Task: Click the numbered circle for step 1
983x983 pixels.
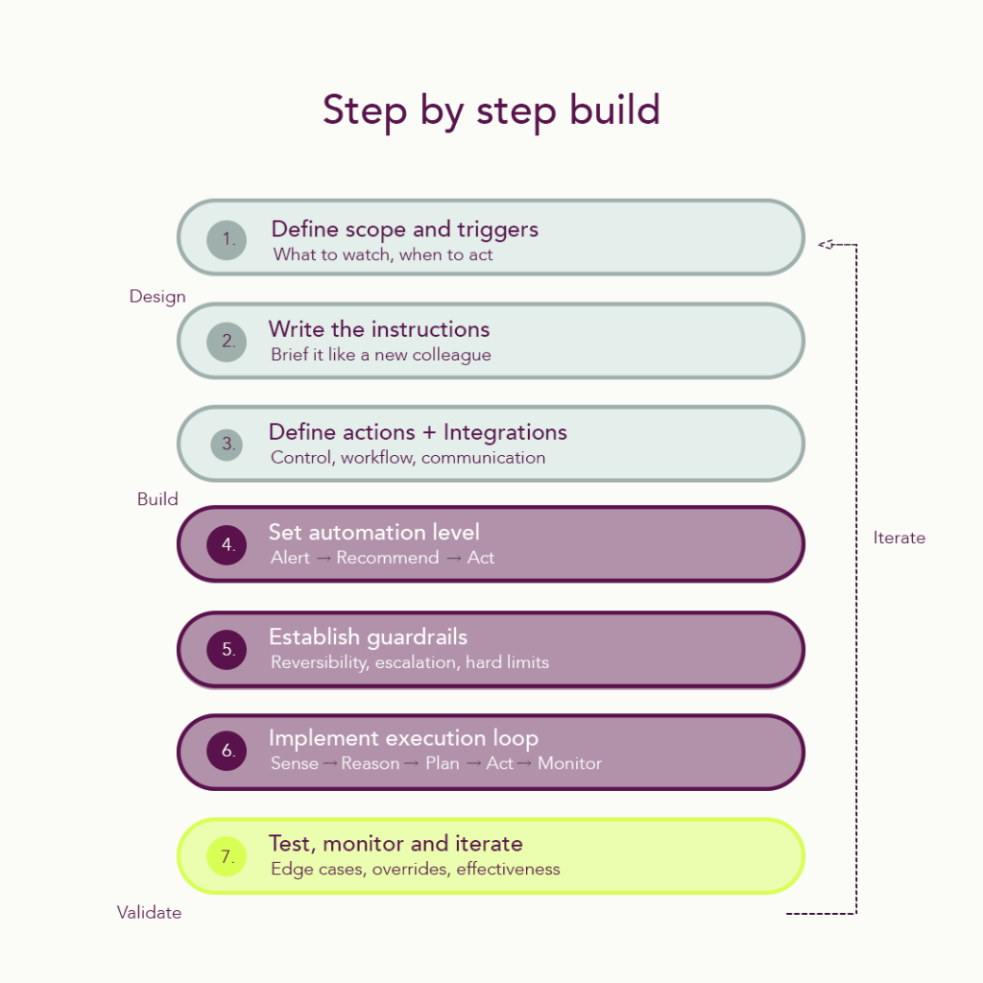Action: (227, 239)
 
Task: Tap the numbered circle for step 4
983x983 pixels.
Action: (228, 545)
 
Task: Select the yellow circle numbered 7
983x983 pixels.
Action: (228, 856)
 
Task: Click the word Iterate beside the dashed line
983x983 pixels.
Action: (899, 538)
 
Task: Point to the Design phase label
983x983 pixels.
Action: (157, 297)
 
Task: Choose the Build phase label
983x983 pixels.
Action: (157, 499)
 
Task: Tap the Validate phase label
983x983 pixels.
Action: (149, 913)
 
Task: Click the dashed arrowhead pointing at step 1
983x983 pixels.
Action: (826, 245)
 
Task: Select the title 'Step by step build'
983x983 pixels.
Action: (491, 110)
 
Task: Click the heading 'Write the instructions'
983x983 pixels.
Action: (379, 329)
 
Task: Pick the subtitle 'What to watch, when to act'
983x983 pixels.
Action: (383, 254)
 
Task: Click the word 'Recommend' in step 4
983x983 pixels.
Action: (387, 558)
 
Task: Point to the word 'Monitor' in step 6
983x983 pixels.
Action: (569, 763)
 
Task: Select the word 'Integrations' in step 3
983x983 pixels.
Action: (505, 432)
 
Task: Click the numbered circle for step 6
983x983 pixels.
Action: (228, 752)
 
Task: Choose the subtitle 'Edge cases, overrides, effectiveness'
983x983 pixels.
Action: (415, 870)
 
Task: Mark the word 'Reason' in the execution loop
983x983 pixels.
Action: (370, 763)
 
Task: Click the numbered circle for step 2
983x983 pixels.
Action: (228, 341)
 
